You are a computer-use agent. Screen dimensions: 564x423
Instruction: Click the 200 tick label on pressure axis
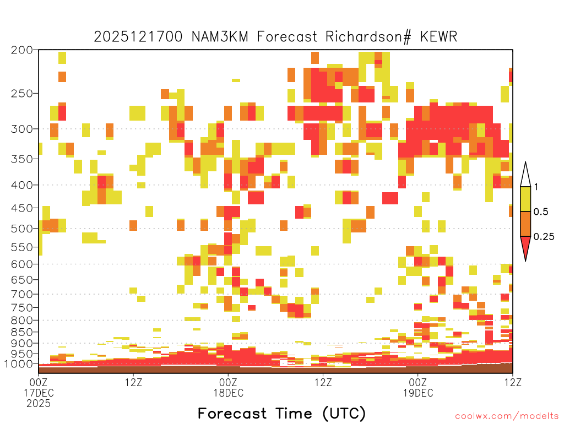pyautogui.click(x=21, y=50)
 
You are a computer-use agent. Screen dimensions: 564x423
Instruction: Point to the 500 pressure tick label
pyautogui.click(x=21, y=229)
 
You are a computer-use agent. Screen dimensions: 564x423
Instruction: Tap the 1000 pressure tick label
pyautogui.click(x=18, y=364)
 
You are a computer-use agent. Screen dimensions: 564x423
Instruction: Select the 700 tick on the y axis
pyautogui.click(x=21, y=294)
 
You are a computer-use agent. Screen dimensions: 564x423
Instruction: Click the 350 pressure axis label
pyautogui.click(x=21, y=159)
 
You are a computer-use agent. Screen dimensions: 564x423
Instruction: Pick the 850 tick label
pyautogui.click(x=21, y=332)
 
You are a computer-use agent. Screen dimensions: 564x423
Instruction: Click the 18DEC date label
pyautogui.click(x=229, y=393)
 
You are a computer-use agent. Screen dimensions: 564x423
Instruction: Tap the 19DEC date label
pyautogui.click(x=419, y=393)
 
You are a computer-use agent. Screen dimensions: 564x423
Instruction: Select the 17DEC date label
pyautogui.click(x=39, y=393)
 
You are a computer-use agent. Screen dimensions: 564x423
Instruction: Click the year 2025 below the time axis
pyautogui.click(x=39, y=404)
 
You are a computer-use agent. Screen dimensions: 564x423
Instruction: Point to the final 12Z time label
pyautogui.click(x=513, y=382)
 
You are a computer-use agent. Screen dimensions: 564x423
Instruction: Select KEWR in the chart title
pyautogui.click(x=438, y=37)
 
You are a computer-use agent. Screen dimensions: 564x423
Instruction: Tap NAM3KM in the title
pyautogui.click(x=220, y=37)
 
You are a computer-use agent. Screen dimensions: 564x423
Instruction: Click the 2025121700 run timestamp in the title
pyautogui.click(x=138, y=37)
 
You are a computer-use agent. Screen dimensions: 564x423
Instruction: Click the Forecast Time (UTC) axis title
pyautogui.click(x=281, y=414)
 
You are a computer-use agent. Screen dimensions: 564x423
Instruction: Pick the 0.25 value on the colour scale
pyautogui.click(x=544, y=236)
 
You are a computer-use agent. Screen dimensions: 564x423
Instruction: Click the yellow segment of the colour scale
pyautogui.click(x=525, y=199)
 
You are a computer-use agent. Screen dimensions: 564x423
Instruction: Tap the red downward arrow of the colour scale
pyautogui.click(x=525, y=247)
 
